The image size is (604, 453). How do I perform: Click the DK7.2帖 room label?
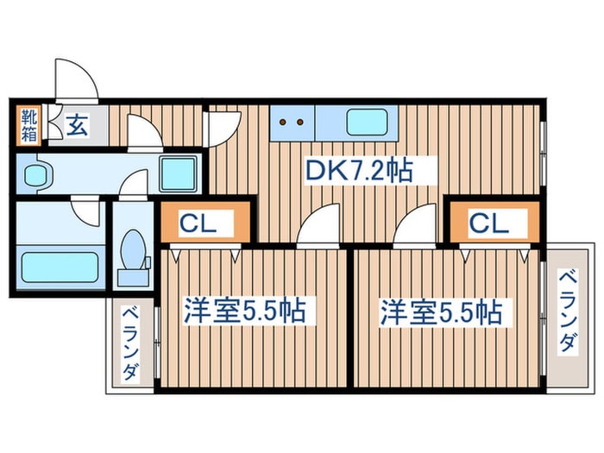click(358, 170)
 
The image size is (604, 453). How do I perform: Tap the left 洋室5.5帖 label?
click(244, 311)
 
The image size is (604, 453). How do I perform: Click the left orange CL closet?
click(205, 223)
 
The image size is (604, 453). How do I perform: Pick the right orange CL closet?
click(489, 223)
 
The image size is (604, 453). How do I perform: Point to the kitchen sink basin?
click(366, 123)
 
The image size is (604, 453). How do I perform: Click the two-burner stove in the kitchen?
click(292, 123)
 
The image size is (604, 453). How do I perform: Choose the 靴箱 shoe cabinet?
click(28, 123)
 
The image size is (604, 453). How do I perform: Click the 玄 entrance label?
click(75, 126)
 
